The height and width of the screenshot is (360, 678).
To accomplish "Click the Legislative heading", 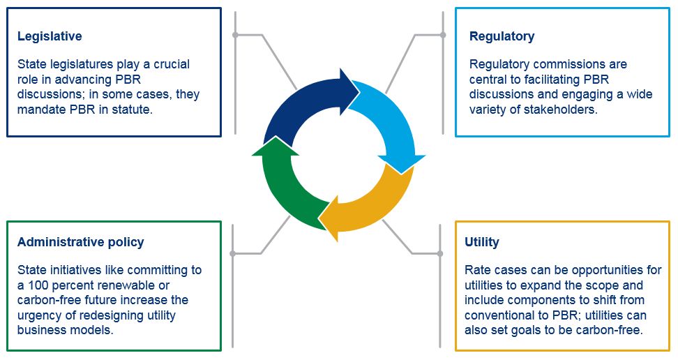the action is pos(50,36).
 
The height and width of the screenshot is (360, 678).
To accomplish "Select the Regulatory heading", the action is pos(502,36).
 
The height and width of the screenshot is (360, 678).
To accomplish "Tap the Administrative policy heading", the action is pos(80,242).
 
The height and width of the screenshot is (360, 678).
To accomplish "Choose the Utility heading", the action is pos(482,242).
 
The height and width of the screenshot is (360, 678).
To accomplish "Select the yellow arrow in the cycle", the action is pos(376,203).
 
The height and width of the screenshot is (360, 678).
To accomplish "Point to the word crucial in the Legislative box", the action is pos(172,64).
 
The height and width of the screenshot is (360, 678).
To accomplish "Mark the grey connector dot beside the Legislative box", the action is pos(235,35).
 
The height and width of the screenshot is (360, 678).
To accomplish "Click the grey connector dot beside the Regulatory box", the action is pos(443,35).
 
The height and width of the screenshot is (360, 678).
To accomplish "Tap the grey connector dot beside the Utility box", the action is pos(440,253).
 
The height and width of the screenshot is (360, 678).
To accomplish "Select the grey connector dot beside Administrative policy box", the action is pos(233,253).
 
